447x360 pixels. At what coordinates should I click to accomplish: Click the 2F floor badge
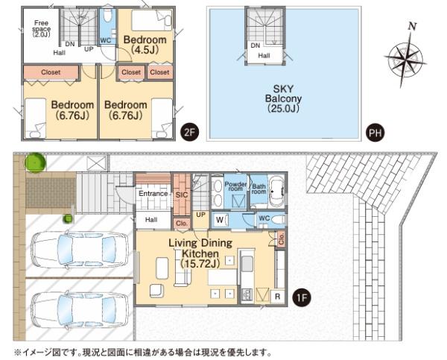[x=189, y=133]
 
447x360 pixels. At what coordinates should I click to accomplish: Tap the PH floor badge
[x=375, y=133]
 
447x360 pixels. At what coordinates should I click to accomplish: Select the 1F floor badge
[x=302, y=298]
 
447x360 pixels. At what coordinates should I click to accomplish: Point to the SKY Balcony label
[x=283, y=98]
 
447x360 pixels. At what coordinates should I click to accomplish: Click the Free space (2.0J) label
[x=41, y=28]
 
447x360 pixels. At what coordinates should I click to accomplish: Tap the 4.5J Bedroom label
[x=145, y=45]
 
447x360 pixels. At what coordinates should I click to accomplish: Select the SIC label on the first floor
[x=182, y=195]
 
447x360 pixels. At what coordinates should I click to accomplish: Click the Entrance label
[x=153, y=194]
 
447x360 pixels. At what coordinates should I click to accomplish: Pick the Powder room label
[x=235, y=186]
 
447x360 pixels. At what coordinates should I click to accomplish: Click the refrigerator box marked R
[x=277, y=297]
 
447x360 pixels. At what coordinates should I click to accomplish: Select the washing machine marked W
[x=220, y=220]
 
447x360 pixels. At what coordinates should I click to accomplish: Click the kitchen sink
[x=247, y=264]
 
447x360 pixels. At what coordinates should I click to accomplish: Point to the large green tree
[x=35, y=162]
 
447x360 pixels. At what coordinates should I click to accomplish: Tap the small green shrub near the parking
[x=68, y=219]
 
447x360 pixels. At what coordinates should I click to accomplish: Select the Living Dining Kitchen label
[x=200, y=253]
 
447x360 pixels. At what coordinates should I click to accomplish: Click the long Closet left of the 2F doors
[x=51, y=72]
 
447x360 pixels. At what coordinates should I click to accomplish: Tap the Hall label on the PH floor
[x=264, y=56]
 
